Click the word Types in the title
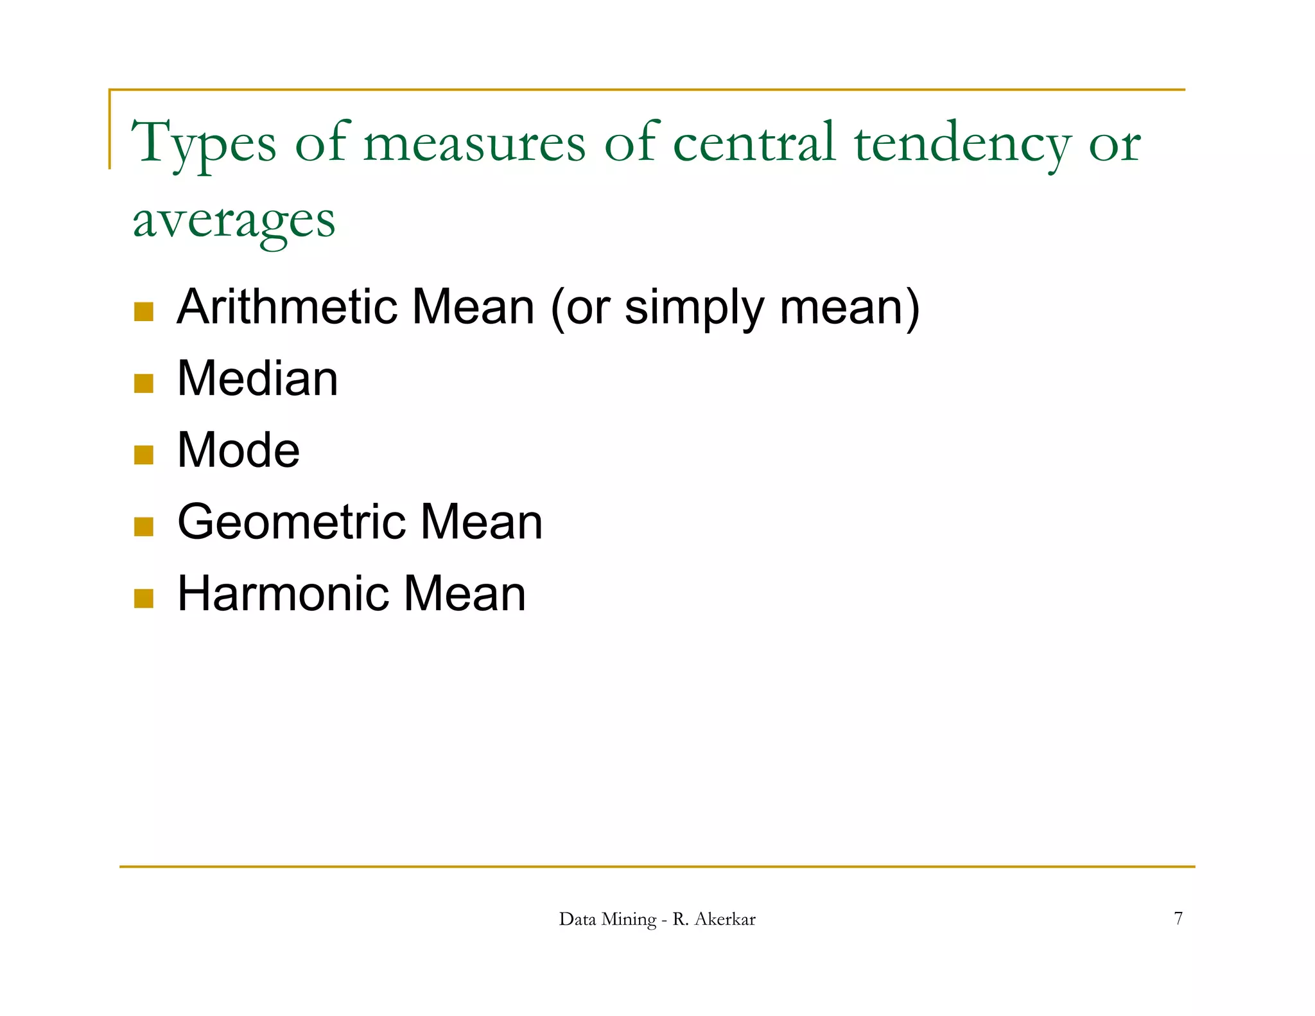pyautogui.click(x=204, y=143)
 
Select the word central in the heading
pyautogui.click(x=754, y=142)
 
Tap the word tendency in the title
pyautogui.click(x=962, y=143)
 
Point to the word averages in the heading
pyautogui.click(x=234, y=220)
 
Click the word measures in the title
pyautogui.click(x=475, y=143)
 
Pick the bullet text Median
pyautogui.click(x=257, y=378)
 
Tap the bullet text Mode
pyautogui.click(x=238, y=450)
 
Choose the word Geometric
pyautogui.click(x=291, y=522)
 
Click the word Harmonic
pyautogui.click(x=283, y=593)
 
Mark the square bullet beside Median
pyautogui.click(x=144, y=383)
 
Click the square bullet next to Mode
pyautogui.click(x=144, y=455)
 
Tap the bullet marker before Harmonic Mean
pyautogui.click(x=144, y=598)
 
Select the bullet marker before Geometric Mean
pyautogui.click(x=144, y=527)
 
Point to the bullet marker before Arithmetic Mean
pyautogui.click(x=144, y=312)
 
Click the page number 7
pyautogui.click(x=1178, y=918)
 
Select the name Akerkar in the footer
pyautogui.click(x=725, y=919)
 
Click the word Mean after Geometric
pyautogui.click(x=482, y=521)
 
